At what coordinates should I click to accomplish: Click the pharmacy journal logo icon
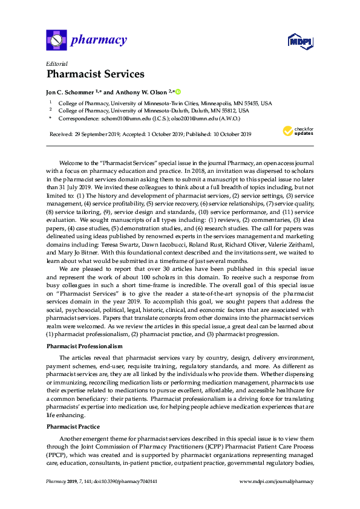(57, 41)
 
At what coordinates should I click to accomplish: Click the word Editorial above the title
(56, 63)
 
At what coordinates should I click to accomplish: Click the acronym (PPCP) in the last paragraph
(57, 453)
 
